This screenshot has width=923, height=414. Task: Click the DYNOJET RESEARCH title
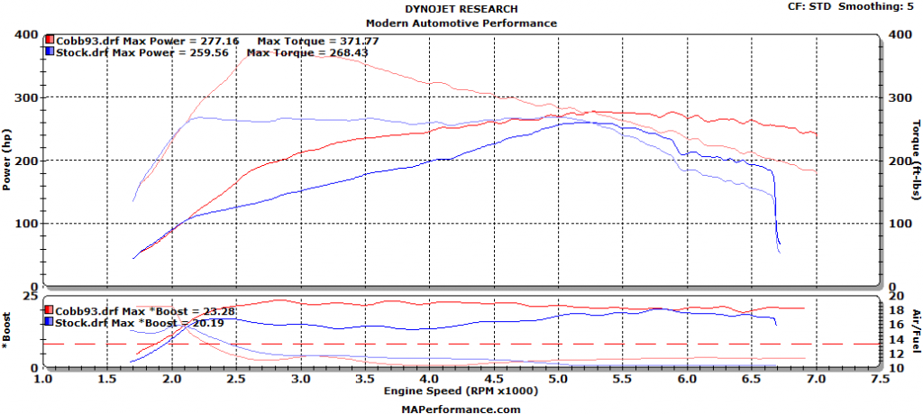[x=461, y=8]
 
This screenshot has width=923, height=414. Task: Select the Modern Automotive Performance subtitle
[x=461, y=23]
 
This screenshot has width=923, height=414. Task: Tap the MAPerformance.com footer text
[x=461, y=408]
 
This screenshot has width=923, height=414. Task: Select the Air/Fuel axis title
[x=914, y=333]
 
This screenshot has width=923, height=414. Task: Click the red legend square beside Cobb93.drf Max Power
[x=50, y=41]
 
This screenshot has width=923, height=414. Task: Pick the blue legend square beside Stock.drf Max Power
[x=50, y=52]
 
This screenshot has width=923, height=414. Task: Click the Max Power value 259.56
[x=215, y=52]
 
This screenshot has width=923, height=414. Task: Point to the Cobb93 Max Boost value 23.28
[x=216, y=310]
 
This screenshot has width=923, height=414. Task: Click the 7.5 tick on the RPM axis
[x=881, y=381]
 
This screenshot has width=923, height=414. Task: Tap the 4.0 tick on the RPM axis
[x=429, y=381]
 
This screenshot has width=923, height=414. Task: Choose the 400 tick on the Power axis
[x=27, y=35]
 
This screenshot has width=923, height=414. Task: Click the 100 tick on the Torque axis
[x=898, y=224]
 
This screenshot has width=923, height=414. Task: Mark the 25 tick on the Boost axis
[x=31, y=298]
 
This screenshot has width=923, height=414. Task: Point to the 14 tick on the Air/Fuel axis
[x=895, y=339]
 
